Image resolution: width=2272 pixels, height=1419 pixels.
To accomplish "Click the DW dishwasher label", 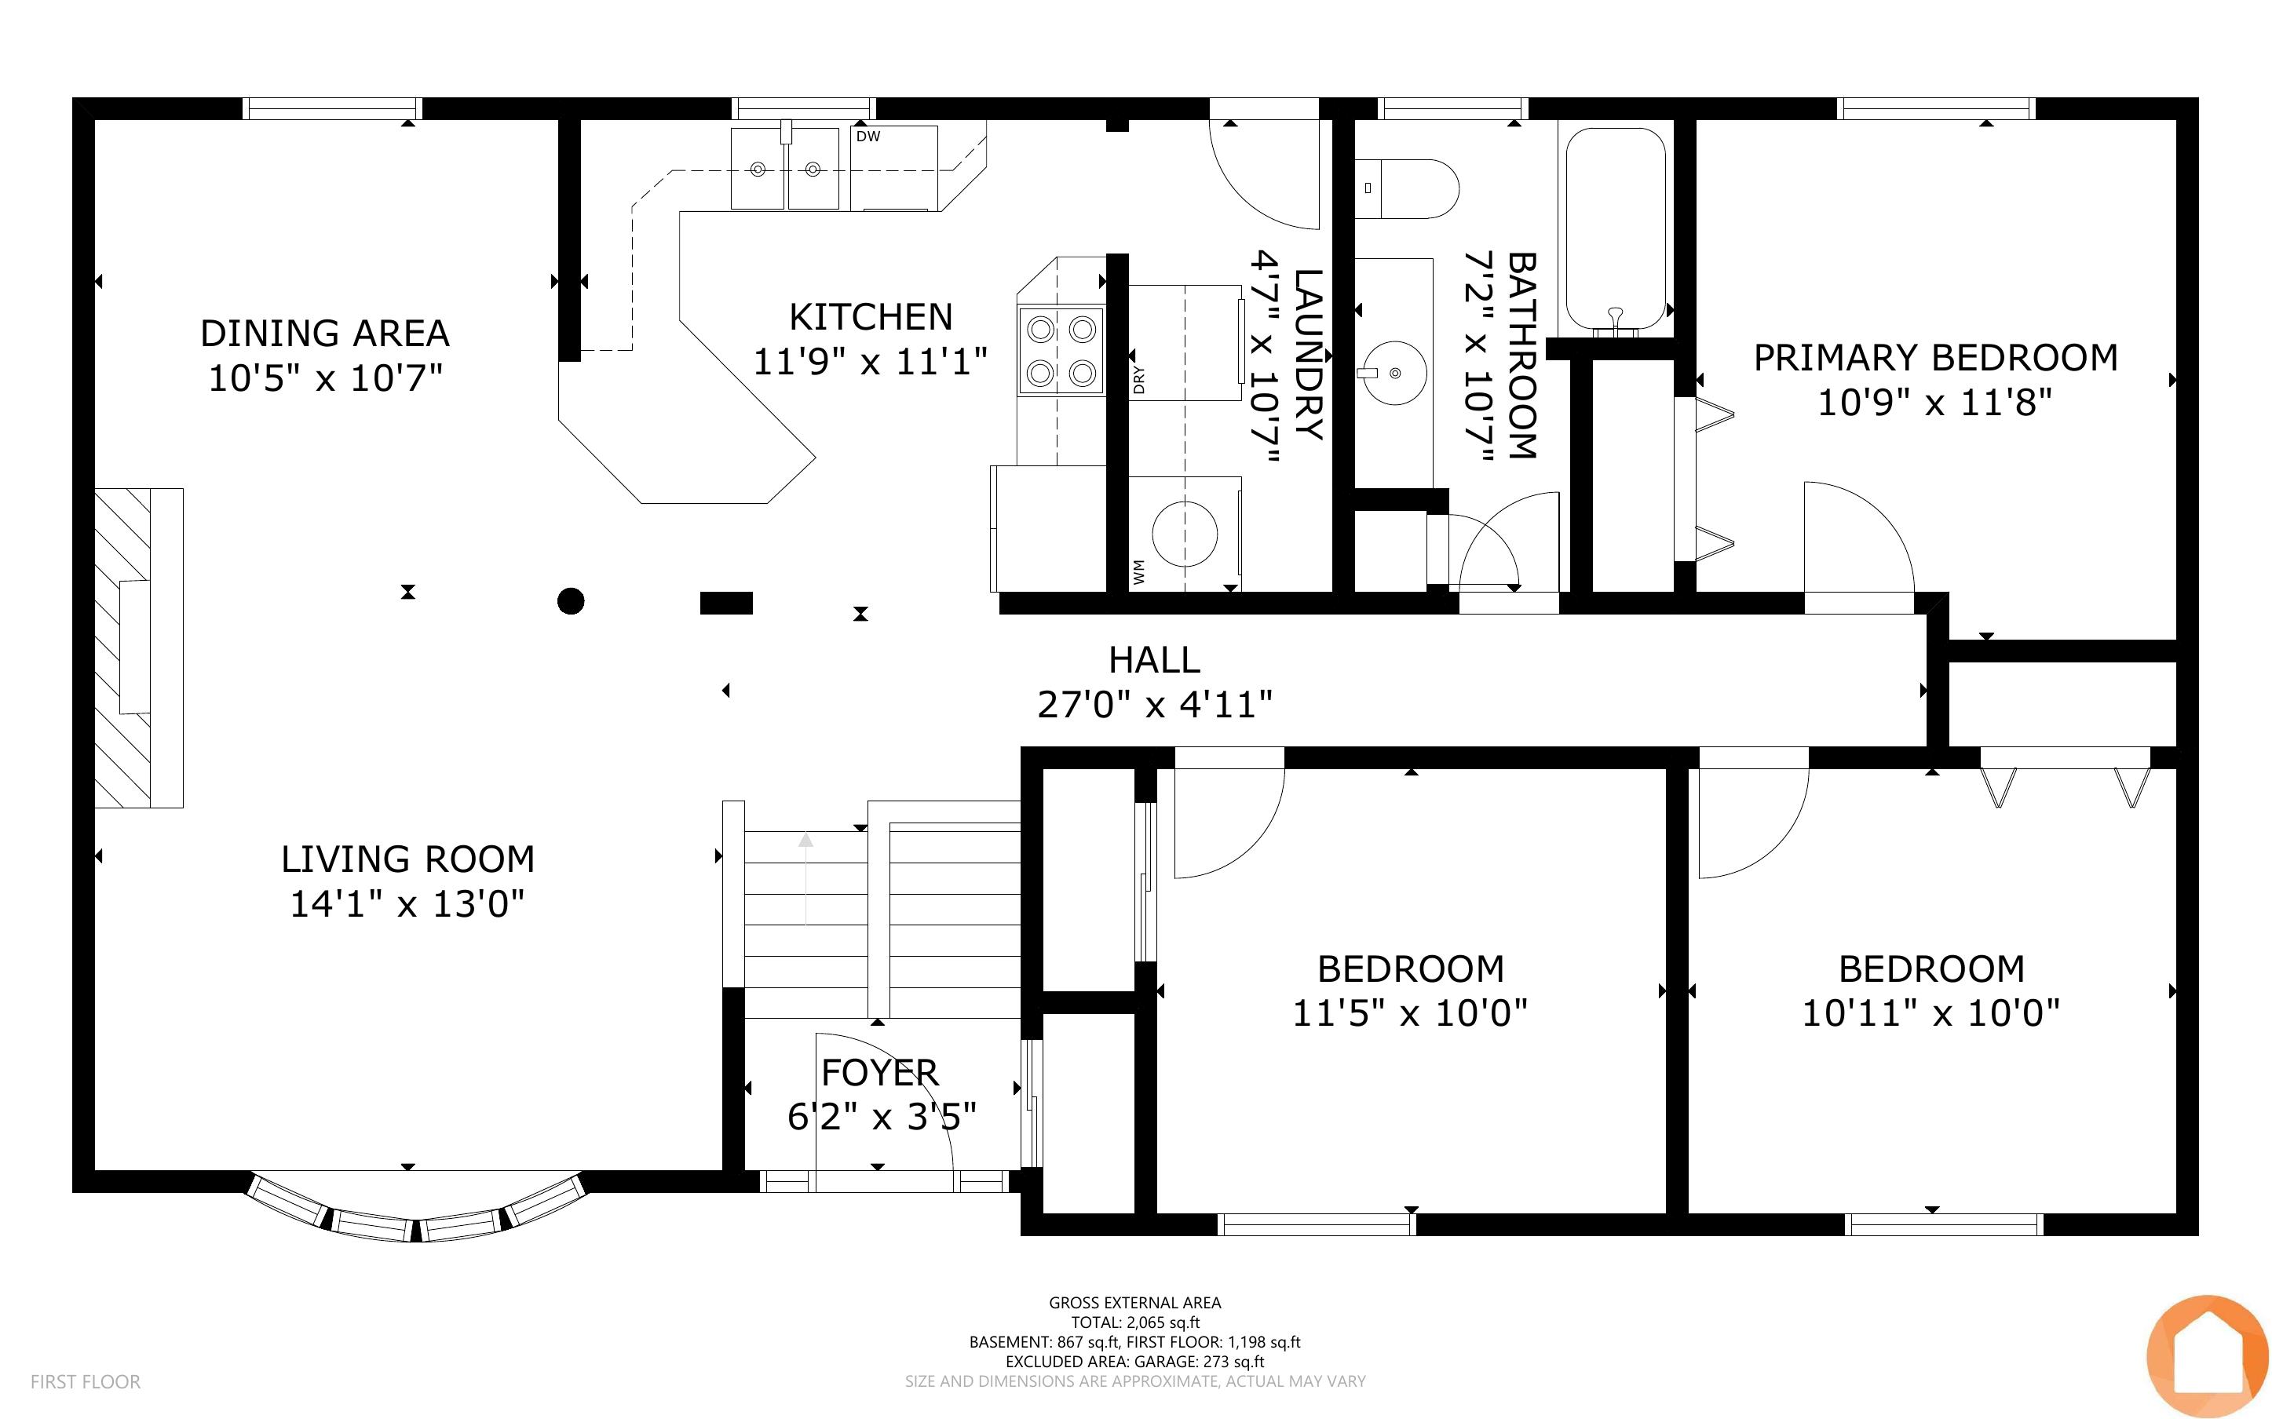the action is [x=868, y=136].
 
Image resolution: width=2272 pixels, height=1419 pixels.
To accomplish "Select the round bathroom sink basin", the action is [x=1394, y=373].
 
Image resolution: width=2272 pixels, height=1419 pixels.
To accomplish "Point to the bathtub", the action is [x=1615, y=229].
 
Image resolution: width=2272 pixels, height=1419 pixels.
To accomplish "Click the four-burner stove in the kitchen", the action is [x=1061, y=352].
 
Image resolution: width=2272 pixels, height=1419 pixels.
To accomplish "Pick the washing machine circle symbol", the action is [x=1185, y=533].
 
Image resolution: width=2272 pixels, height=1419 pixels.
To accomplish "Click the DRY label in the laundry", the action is [x=1138, y=379].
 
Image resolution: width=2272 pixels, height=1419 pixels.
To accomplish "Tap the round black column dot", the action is [x=571, y=600].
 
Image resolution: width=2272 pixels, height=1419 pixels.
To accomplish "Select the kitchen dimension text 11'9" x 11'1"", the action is [x=870, y=360].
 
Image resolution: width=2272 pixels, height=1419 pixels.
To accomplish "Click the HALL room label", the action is [x=1154, y=660].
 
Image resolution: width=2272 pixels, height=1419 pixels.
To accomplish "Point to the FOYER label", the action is [x=879, y=1072].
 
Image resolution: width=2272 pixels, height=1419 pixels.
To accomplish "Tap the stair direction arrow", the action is [x=805, y=878].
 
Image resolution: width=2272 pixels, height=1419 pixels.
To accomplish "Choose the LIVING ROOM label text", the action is [x=408, y=859].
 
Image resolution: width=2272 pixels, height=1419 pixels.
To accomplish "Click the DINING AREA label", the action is [x=325, y=333].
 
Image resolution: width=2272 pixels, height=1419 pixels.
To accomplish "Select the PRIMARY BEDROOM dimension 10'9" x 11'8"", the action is [x=1935, y=403].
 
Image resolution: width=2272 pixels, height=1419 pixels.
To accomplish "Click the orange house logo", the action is [x=2208, y=1355].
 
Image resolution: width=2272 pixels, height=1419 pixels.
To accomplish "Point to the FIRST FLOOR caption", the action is [x=86, y=1381].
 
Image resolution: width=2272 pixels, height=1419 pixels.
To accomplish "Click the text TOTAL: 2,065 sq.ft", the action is [x=1135, y=1322].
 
